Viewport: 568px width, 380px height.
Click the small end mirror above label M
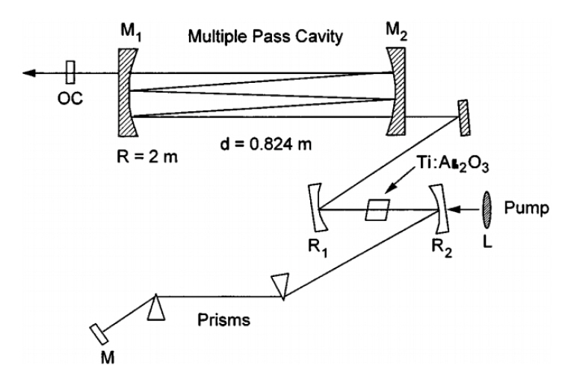(x=97, y=333)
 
